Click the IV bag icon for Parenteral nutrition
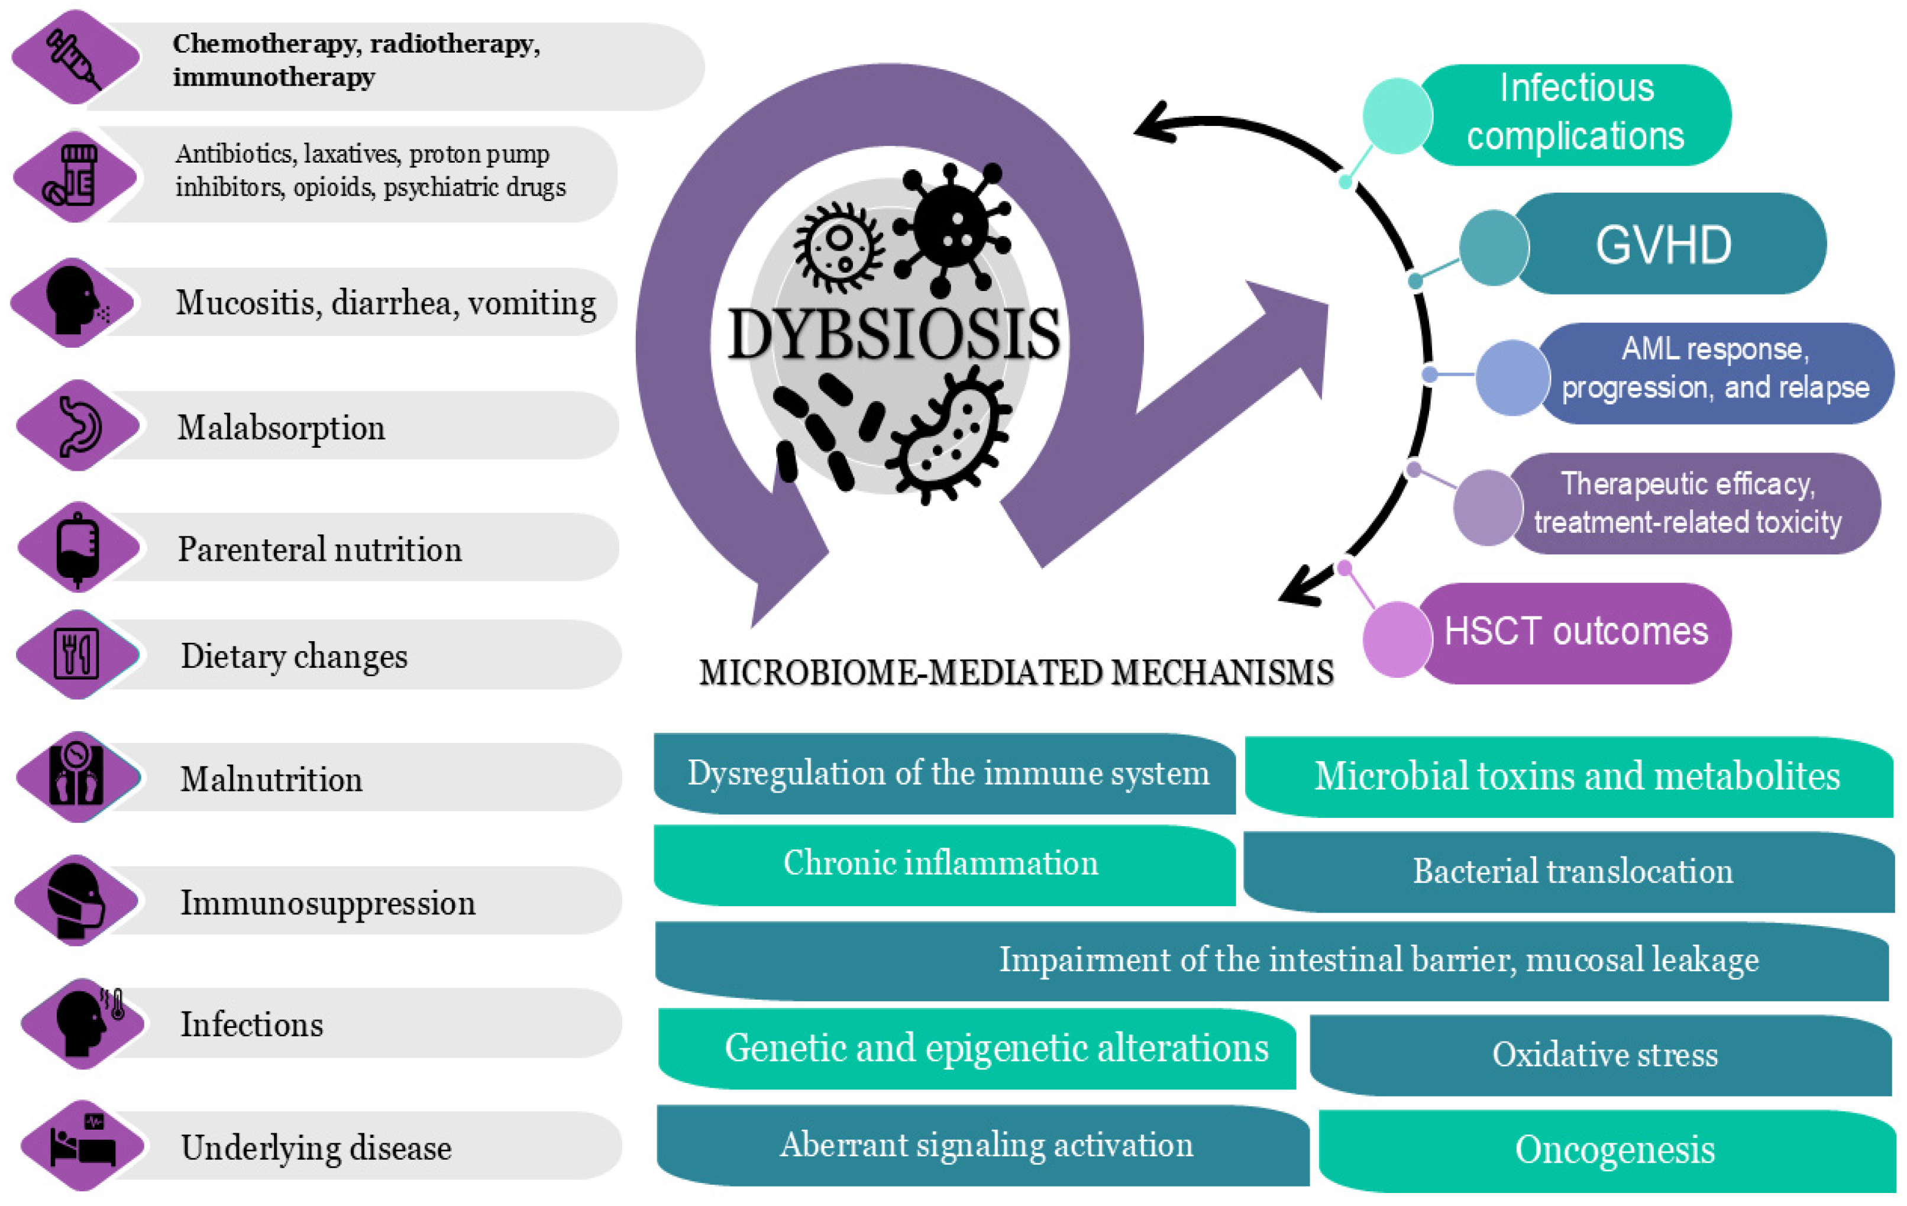click(77, 548)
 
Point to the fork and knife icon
click(77, 655)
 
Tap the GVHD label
click(1663, 245)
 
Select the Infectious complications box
click(1576, 112)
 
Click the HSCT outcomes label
click(1576, 632)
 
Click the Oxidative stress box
click(1605, 1055)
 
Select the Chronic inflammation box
click(941, 863)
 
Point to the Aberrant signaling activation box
click(986, 1145)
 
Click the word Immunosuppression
click(328, 903)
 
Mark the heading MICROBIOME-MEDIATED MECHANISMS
click(1016, 673)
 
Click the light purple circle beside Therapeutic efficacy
click(1487, 507)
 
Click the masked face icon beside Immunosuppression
click(77, 900)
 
